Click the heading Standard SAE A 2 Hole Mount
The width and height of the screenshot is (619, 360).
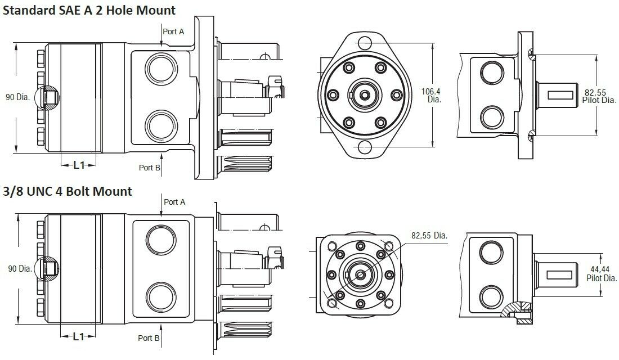[x=90, y=10]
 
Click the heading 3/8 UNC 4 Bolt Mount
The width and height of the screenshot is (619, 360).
[x=68, y=191]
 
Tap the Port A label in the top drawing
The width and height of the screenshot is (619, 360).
[x=173, y=32]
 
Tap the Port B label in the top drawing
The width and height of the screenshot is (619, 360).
[x=150, y=168]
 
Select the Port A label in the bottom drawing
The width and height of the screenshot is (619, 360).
[x=174, y=202]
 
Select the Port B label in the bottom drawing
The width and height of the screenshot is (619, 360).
[x=149, y=338]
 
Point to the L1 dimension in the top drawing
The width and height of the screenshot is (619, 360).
[x=79, y=165]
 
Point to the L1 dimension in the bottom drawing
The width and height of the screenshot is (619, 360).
[x=79, y=336]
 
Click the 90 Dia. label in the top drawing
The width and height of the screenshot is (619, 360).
[x=17, y=97]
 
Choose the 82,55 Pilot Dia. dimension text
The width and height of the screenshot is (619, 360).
[x=597, y=96]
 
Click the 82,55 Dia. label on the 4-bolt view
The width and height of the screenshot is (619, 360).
[x=428, y=236]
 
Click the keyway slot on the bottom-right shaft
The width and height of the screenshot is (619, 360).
[x=561, y=274]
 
